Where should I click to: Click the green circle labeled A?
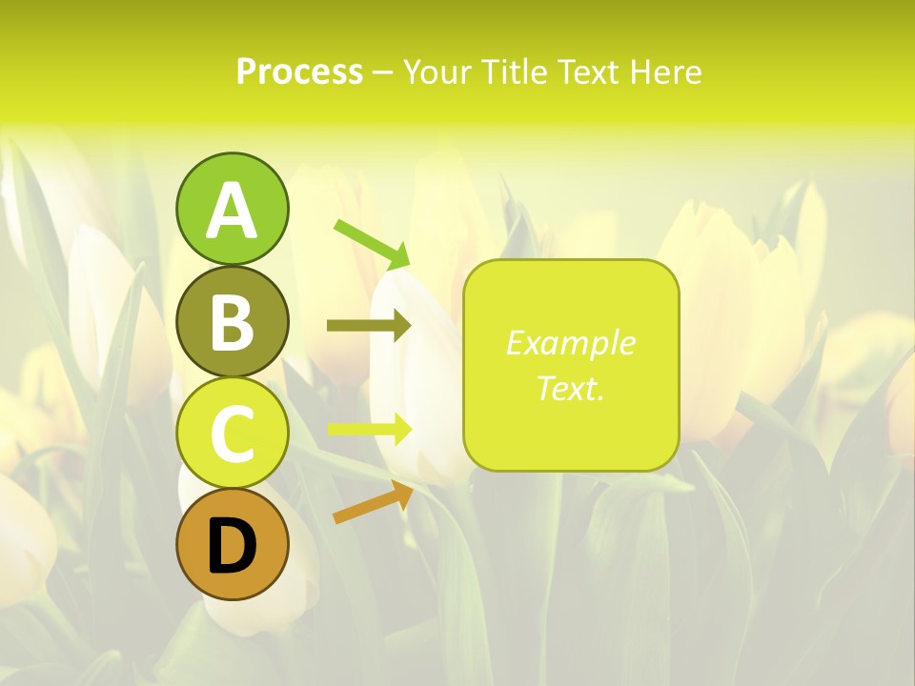pyautogui.click(x=232, y=209)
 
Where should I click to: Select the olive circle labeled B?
pyautogui.click(x=232, y=321)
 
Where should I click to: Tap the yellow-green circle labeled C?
pyautogui.click(x=232, y=434)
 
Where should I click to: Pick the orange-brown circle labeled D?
pyautogui.click(x=232, y=546)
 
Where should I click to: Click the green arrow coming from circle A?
pyautogui.click(x=372, y=244)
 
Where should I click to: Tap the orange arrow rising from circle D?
pyautogui.click(x=373, y=502)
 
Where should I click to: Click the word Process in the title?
pyautogui.click(x=299, y=72)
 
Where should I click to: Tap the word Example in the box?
pyautogui.click(x=570, y=343)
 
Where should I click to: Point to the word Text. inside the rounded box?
pyautogui.click(x=570, y=388)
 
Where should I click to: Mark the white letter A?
pyautogui.click(x=232, y=211)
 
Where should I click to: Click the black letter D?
pyautogui.click(x=232, y=547)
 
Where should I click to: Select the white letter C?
pyautogui.click(x=232, y=434)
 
